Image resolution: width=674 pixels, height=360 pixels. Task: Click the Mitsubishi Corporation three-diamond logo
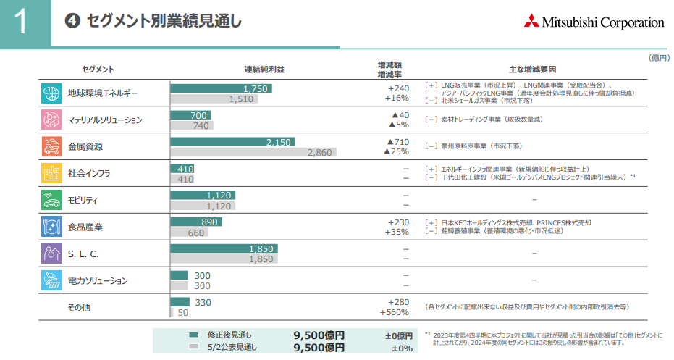tap(534, 22)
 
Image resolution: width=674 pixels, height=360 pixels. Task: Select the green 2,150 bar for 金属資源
tap(232, 142)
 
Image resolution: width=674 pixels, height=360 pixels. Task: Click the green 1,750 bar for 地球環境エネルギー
tap(221, 88)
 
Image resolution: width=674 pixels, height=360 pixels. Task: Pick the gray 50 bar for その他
tap(172, 312)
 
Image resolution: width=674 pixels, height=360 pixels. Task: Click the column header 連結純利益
tap(264, 70)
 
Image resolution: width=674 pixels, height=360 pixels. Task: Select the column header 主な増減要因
tap(532, 70)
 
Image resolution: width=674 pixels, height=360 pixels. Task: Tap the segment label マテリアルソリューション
tap(105, 120)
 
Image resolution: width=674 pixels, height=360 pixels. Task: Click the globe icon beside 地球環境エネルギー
tap(51, 93)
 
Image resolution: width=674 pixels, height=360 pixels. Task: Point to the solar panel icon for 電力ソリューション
tap(51, 280)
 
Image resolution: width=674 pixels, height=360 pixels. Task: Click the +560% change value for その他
tap(395, 313)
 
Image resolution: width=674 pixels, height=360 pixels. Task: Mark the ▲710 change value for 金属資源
tap(397, 142)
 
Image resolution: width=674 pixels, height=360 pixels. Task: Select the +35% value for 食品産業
tap(397, 233)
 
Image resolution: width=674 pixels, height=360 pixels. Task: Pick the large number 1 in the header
tap(20, 23)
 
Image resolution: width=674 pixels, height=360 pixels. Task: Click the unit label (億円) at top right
tap(659, 57)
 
